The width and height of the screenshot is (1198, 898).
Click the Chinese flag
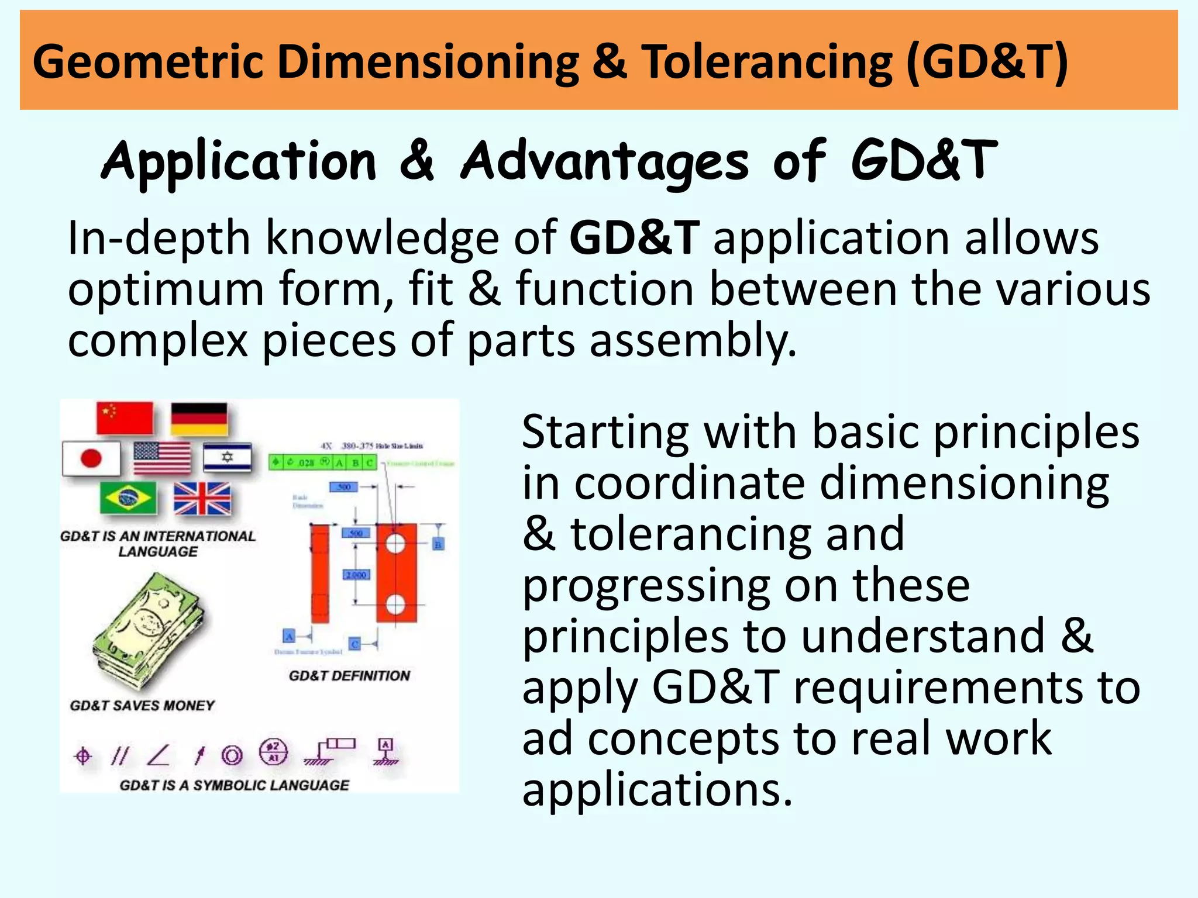(x=125, y=417)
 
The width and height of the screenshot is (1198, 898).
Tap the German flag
(x=199, y=418)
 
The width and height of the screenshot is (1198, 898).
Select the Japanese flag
(x=91, y=458)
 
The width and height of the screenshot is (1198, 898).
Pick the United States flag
(x=162, y=458)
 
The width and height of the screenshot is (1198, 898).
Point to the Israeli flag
(x=228, y=457)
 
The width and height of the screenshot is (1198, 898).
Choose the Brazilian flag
(x=128, y=498)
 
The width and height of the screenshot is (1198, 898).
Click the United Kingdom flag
(x=202, y=498)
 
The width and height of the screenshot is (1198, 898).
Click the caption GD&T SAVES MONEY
(x=142, y=706)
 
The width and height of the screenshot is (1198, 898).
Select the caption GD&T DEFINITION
(x=349, y=676)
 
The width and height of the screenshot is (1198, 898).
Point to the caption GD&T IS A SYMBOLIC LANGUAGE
(x=234, y=785)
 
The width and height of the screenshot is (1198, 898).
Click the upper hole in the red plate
(x=395, y=544)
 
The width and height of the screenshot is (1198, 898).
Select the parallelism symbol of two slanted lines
(x=119, y=756)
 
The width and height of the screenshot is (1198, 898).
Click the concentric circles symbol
(x=232, y=756)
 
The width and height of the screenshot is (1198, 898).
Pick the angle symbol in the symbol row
(x=159, y=755)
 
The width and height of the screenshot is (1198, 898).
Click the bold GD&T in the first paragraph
(x=634, y=238)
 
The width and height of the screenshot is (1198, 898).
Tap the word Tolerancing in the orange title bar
(x=767, y=62)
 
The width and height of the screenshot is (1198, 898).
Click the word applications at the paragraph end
(x=657, y=789)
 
